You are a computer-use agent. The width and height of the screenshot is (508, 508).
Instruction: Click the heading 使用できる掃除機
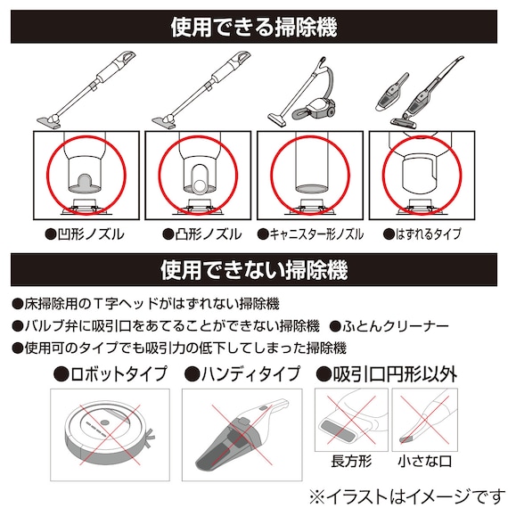254,28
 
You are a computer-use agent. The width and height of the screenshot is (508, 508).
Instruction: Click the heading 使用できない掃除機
254,267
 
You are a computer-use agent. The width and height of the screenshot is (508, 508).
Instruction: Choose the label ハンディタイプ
242,374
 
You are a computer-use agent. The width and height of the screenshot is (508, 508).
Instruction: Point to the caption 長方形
348,461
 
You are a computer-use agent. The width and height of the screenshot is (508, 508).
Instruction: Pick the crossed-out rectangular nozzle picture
348,420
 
